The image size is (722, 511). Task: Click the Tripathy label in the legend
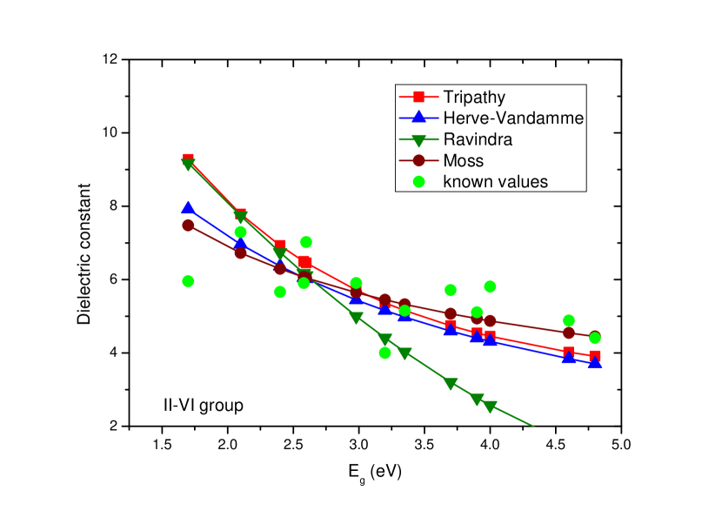point(473,97)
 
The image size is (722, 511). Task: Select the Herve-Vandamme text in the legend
point(512,118)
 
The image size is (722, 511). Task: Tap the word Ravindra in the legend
point(478,139)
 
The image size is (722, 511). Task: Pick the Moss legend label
point(463,161)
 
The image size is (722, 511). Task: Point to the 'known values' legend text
point(495,182)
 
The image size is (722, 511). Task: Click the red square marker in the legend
point(418,97)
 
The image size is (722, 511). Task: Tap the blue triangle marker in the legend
point(418,118)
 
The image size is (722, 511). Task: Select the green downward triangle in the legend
point(418,139)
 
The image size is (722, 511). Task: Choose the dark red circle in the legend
point(418,160)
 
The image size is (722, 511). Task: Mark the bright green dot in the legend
point(418,182)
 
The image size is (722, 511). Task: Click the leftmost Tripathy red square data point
point(188,158)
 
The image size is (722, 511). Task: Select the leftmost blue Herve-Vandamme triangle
point(188,208)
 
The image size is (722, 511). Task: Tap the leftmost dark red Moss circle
point(188,225)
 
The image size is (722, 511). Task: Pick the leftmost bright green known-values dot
point(188,280)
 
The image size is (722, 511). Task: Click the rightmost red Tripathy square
point(595,356)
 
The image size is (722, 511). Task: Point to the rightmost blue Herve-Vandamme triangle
point(595,362)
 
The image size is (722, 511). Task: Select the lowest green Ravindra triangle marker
point(491,407)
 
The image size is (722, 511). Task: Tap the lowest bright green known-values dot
point(384,353)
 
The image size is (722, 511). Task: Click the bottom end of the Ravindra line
point(533,427)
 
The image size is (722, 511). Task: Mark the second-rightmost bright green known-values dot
point(569,320)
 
